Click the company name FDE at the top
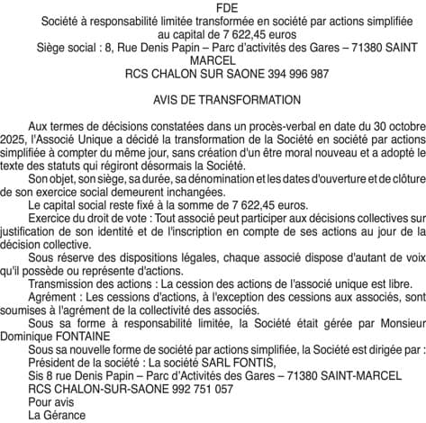pos(213,6)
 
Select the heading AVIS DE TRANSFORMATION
pos(213,100)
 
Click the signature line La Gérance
pos(57,415)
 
